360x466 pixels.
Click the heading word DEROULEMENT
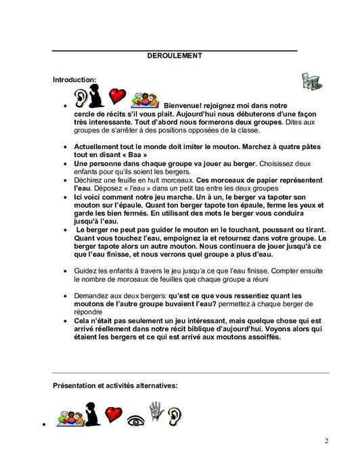pos(175,56)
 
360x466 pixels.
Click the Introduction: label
pos(74,80)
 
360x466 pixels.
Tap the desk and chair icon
pos(311,81)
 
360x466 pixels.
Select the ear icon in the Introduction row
pos(81,96)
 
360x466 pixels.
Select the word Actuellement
pos(97,146)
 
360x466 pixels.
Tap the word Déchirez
pos(88,180)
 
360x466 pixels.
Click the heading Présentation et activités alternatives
pos(115,385)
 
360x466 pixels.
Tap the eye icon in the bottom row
pos(136,419)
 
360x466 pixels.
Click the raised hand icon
pos(156,410)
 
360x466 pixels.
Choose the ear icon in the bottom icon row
pos(175,414)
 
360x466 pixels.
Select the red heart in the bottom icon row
pos(112,414)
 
